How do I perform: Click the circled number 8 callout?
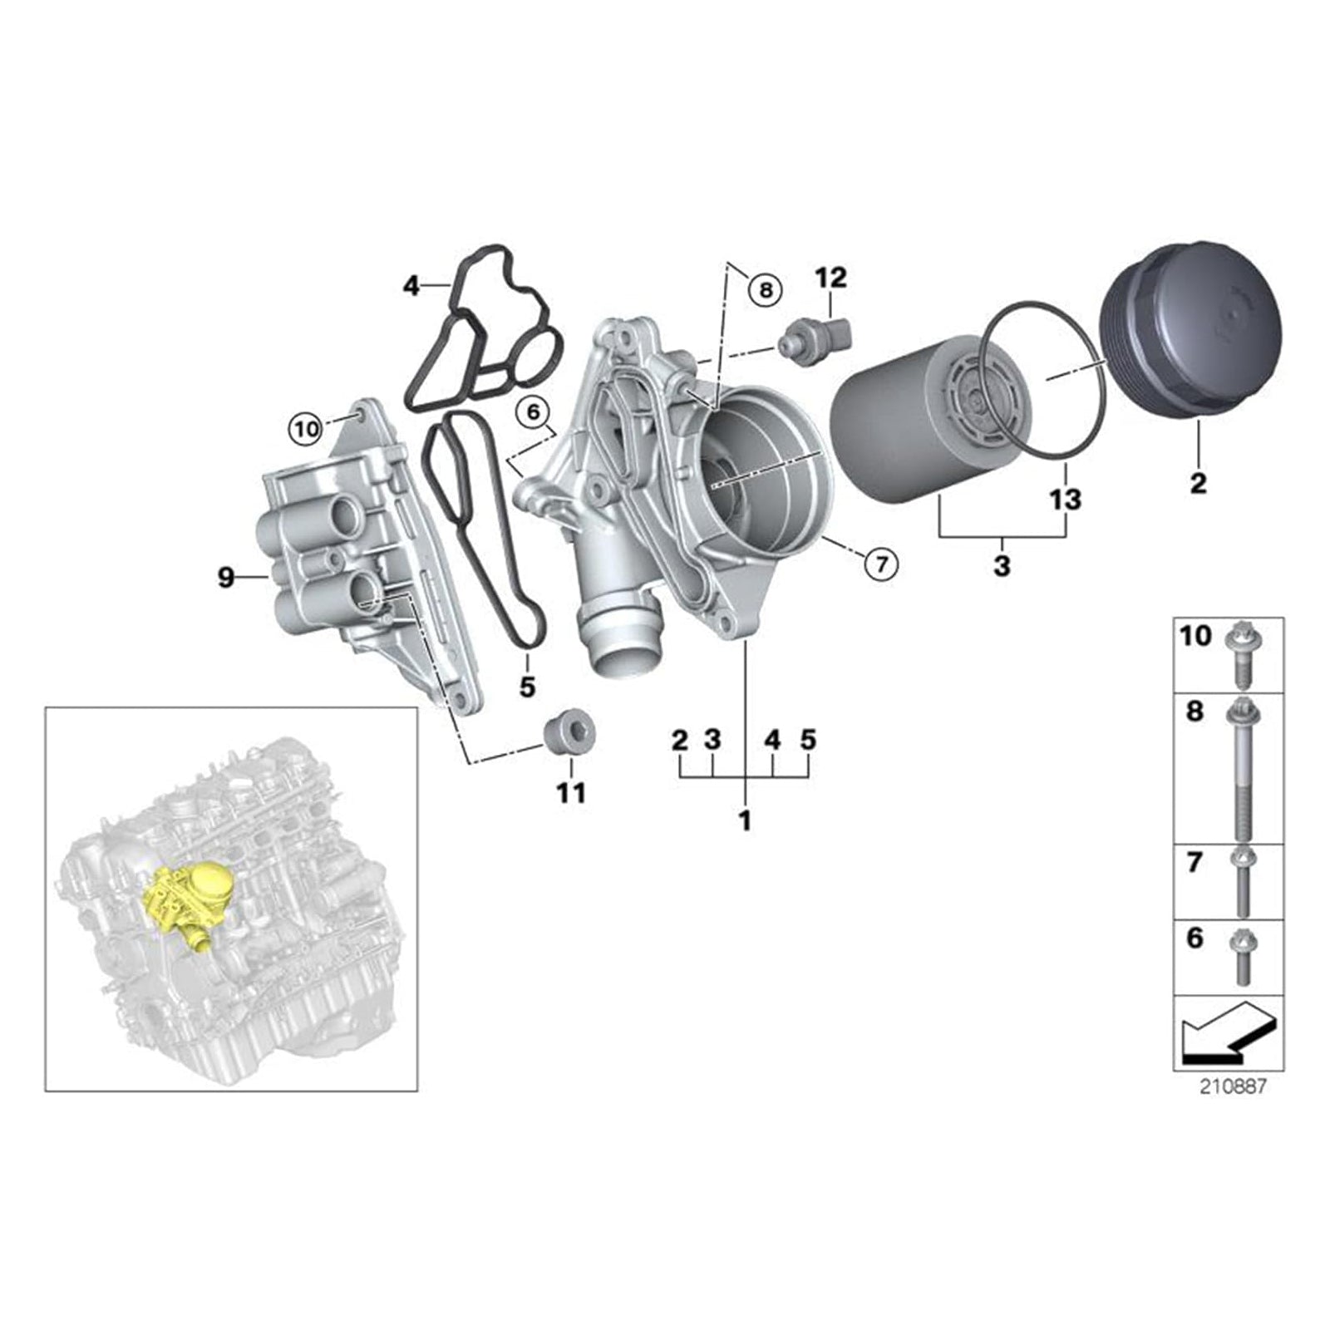pos(765,289)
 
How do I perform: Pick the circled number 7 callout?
pos(881,564)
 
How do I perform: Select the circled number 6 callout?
pos(533,411)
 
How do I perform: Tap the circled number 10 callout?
pos(306,429)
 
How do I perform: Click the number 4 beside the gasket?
pos(411,287)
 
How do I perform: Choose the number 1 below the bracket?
pos(745,820)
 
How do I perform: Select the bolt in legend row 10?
pos(1239,656)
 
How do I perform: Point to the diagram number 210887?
pos(1234,1086)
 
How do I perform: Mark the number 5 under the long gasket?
pos(527,687)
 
